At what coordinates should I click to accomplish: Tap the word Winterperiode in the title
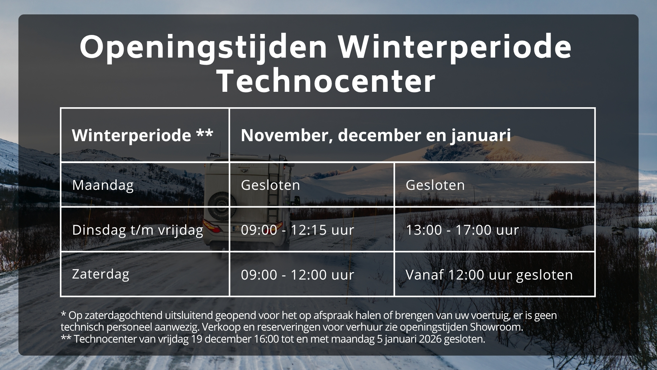coord(455,47)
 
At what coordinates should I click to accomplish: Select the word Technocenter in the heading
coord(326,81)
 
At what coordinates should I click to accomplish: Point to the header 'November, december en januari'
coord(376,135)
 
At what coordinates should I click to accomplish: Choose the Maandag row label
coord(103,185)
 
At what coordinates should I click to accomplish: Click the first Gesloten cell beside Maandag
coord(270,185)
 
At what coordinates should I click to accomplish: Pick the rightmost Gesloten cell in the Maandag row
coord(435,185)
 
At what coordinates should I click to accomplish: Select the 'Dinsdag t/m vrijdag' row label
coord(138,230)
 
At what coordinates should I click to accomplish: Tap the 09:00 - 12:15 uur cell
coord(297,230)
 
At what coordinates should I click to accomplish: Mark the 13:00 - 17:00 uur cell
coord(462,230)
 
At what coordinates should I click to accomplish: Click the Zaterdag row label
coord(101,274)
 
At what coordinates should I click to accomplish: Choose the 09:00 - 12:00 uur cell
coord(297,275)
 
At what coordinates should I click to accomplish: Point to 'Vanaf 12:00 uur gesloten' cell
coord(489,275)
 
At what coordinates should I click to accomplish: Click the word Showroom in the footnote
coord(497,327)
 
